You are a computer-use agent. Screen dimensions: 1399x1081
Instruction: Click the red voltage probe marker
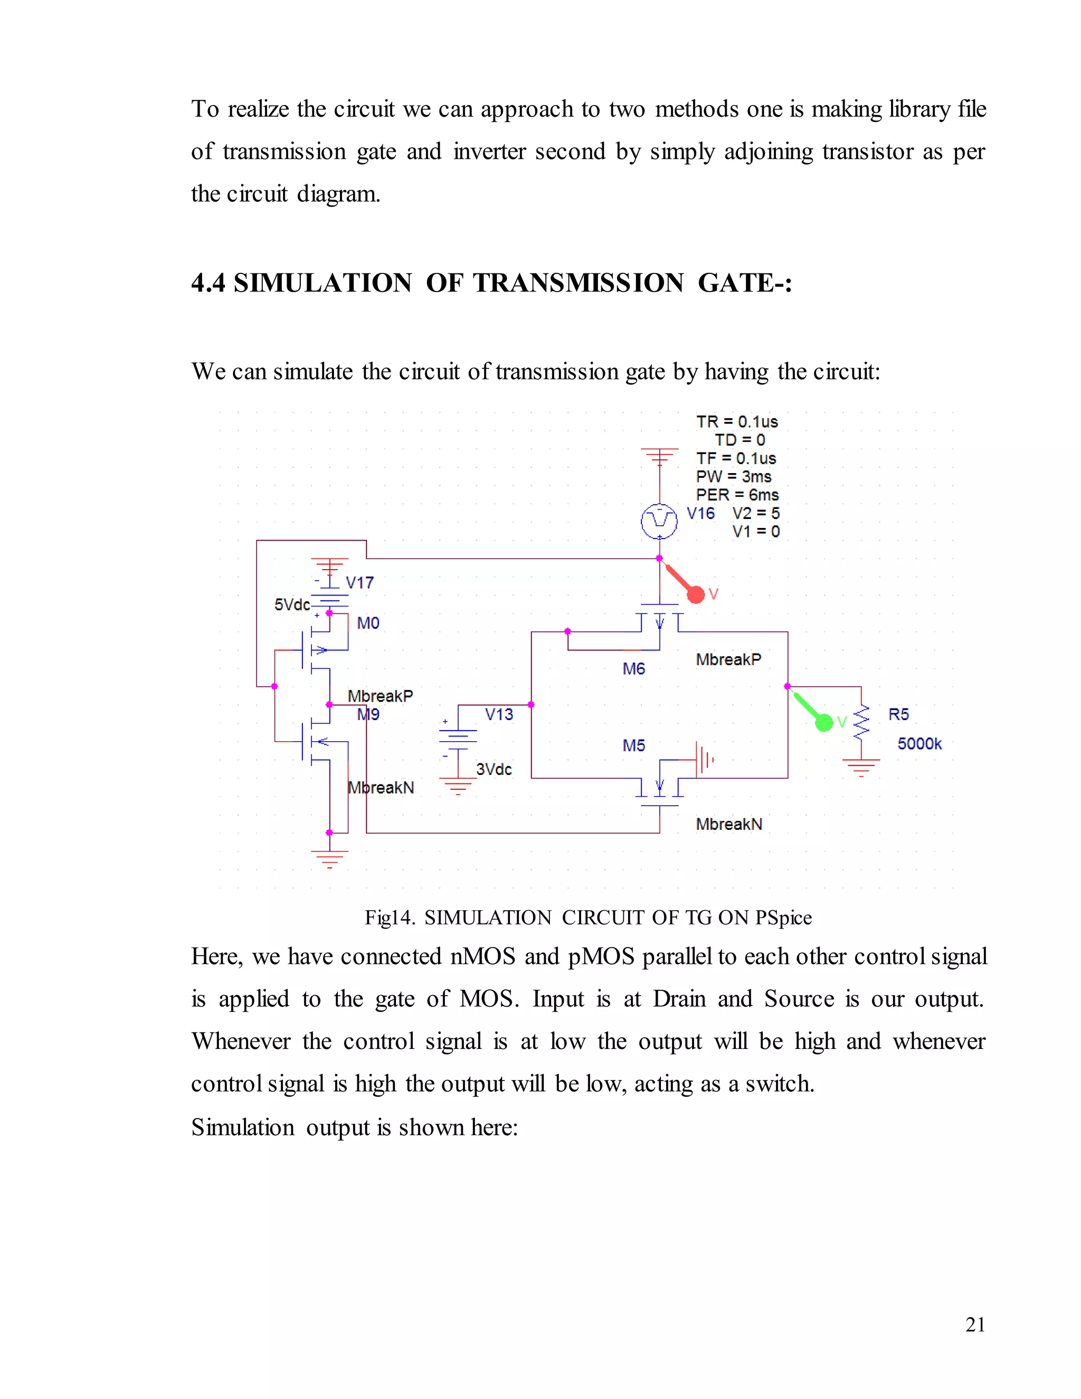pos(696,594)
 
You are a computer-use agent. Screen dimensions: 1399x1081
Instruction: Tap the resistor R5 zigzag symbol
pos(861,723)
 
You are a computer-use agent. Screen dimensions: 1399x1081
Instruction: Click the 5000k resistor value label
pos(919,744)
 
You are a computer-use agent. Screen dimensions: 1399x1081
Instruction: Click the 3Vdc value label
pos(494,769)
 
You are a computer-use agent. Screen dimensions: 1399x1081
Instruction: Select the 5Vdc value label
pos(292,604)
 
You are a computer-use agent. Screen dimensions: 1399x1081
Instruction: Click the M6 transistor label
pos(633,669)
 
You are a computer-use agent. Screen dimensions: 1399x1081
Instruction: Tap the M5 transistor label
pos(633,745)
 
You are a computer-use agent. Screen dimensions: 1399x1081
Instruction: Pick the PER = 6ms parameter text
pos(737,495)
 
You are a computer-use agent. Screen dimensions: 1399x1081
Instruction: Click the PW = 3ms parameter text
pos(734,477)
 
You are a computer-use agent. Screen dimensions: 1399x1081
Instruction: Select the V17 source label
pos(359,582)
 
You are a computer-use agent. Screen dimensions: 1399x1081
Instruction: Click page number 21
pos(975,1324)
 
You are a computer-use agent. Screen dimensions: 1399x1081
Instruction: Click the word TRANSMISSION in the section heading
pos(579,283)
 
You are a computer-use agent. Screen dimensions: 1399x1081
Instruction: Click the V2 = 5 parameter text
pos(756,513)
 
